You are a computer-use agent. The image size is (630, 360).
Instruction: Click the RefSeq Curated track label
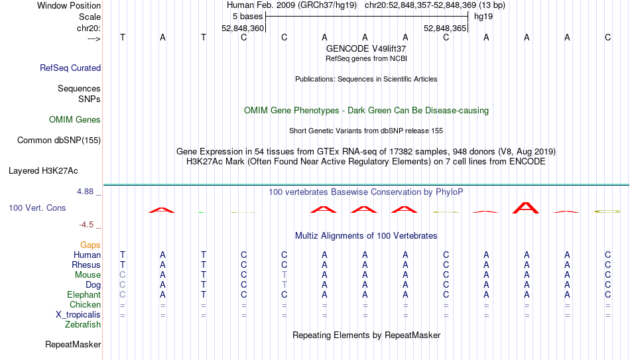70,68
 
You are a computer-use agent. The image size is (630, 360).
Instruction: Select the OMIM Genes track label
75,120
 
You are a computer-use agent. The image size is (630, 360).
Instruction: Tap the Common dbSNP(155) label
59,140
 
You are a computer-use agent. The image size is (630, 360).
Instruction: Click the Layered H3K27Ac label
43,170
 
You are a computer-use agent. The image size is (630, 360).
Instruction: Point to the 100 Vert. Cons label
37,208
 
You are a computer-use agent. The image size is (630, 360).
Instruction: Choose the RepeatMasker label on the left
73,345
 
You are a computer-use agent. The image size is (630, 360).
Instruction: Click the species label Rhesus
86,265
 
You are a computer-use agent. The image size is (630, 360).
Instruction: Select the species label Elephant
84,295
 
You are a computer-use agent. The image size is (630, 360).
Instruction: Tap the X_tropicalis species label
78,315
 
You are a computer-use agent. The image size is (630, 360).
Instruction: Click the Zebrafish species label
83,325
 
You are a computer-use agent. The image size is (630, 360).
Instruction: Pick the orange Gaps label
90,245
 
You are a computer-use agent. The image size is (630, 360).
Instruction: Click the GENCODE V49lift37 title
366,48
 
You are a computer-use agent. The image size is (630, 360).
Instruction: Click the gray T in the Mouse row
284,275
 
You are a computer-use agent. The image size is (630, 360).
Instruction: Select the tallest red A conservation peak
527,208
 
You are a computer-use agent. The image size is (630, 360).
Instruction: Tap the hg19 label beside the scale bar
483,16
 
